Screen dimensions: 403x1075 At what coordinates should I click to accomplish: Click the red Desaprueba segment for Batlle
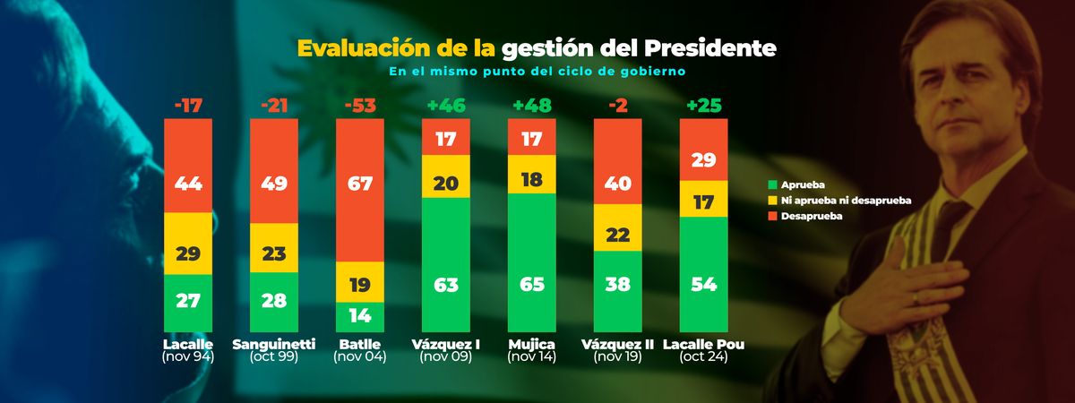pyautogui.click(x=360, y=190)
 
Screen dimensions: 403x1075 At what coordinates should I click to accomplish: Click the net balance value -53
pyautogui.click(x=360, y=107)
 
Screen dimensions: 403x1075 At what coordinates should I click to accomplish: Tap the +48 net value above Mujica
pyautogui.click(x=532, y=107)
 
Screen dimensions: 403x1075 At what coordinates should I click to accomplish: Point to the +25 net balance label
pyautogui.click(x=704, y=107)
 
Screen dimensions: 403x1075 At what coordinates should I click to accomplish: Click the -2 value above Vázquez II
pyautogui.click(x=618, y=107)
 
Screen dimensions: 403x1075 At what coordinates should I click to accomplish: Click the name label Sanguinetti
pyautogui.click(x=274, y=345)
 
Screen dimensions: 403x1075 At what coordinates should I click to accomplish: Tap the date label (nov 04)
pyautogui.click(x=360, y=357)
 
